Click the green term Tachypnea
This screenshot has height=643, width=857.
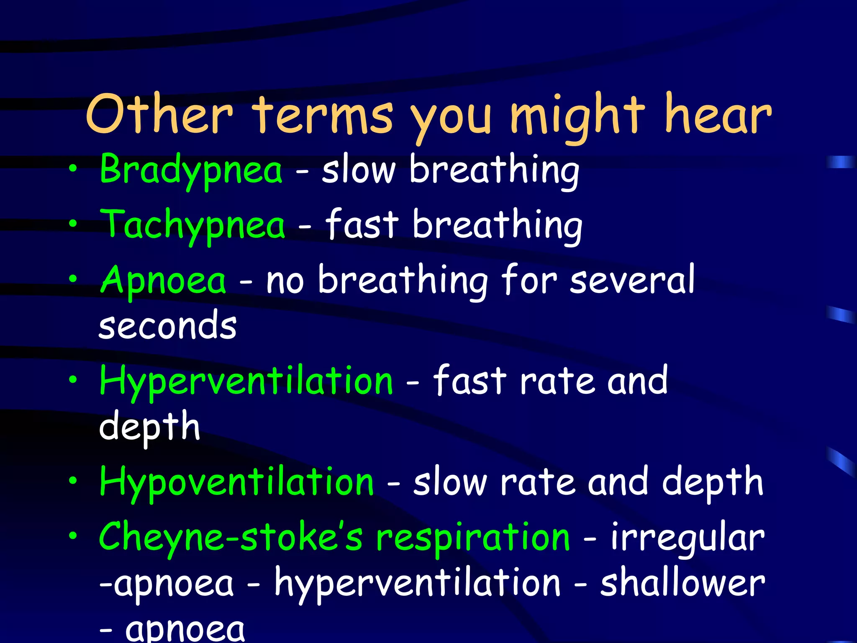pos(192,225)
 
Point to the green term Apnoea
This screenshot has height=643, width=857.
pos(163,280)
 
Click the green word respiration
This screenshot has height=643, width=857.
pos(473,538)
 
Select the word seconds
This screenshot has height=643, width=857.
pos(168,326)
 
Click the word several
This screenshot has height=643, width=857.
pos(632,280)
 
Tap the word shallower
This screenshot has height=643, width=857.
pos(683,583)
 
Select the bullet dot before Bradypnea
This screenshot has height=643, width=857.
pos(73,169)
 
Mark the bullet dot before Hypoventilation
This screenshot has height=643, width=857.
pos(73,480)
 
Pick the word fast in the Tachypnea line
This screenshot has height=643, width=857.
pos(362,225)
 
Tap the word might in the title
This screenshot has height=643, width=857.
pos(577,115)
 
